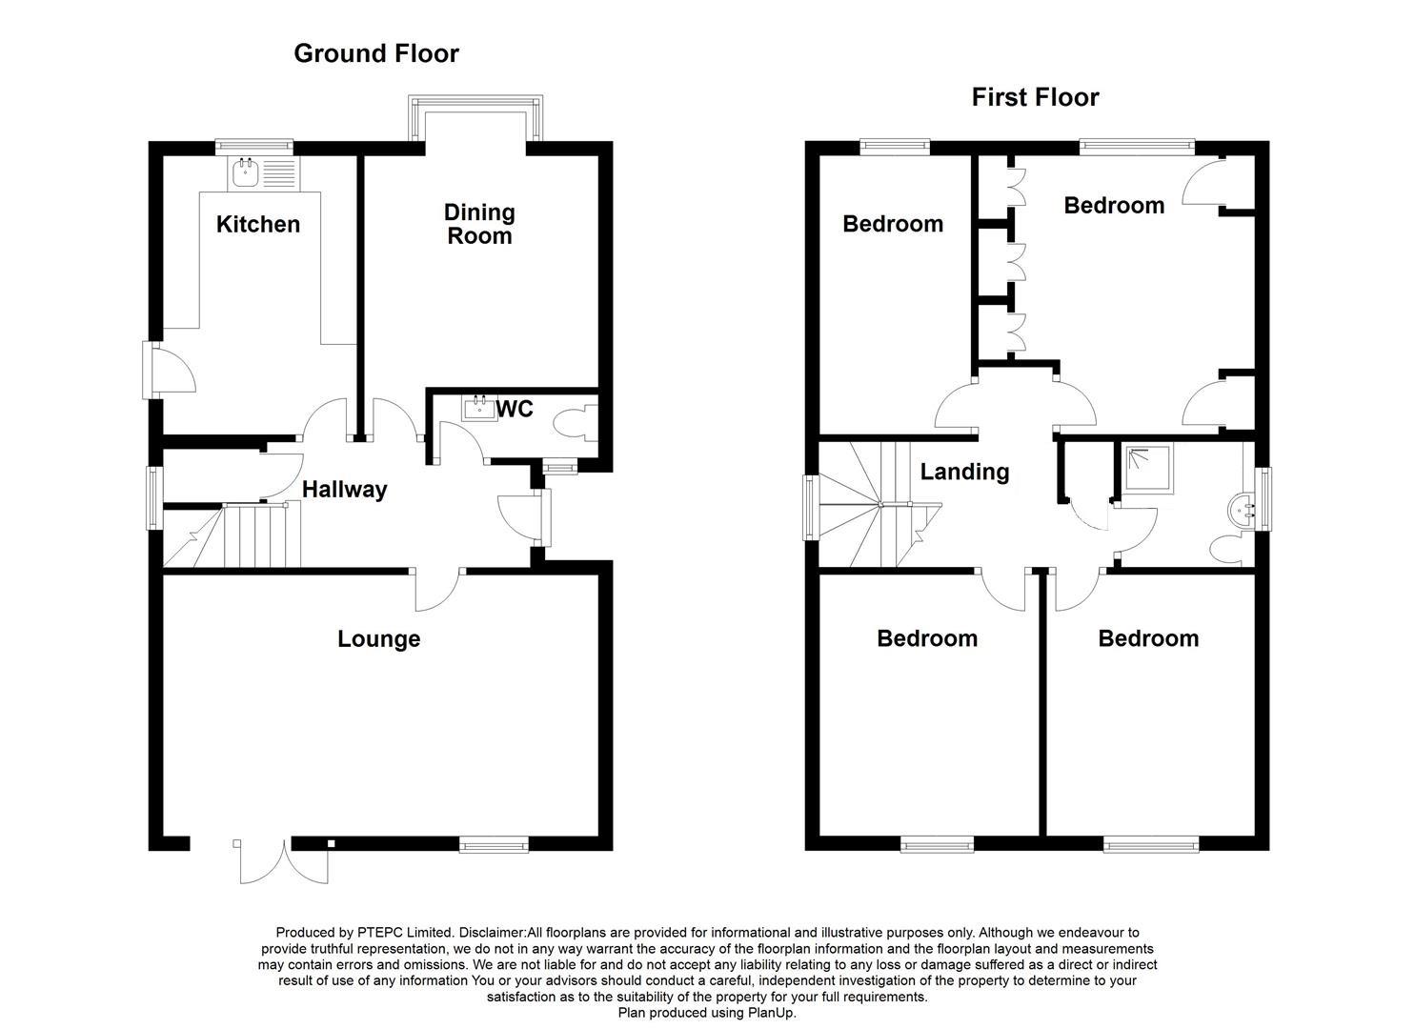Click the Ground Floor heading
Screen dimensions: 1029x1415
pyautogui.click(x=375, y=53)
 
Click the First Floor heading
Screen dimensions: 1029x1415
pyautogui.click(x=1035, y=97)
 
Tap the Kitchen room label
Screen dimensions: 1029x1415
pyautogui.click(x=257, y=224)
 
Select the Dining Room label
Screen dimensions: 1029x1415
pyautogui.click(x=479, y=224)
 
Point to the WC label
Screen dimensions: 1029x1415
pyautogui.click(x=515, y=409)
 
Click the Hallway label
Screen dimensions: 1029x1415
pyautogui.click(x=344, y=490)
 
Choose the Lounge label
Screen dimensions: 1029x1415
pyautogui.click(x=378, y=638)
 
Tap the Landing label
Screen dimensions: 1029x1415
pyautogui.click(x=964, y=472)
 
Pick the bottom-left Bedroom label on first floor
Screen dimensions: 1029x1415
pyautogui.click(x=927, y=638)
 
